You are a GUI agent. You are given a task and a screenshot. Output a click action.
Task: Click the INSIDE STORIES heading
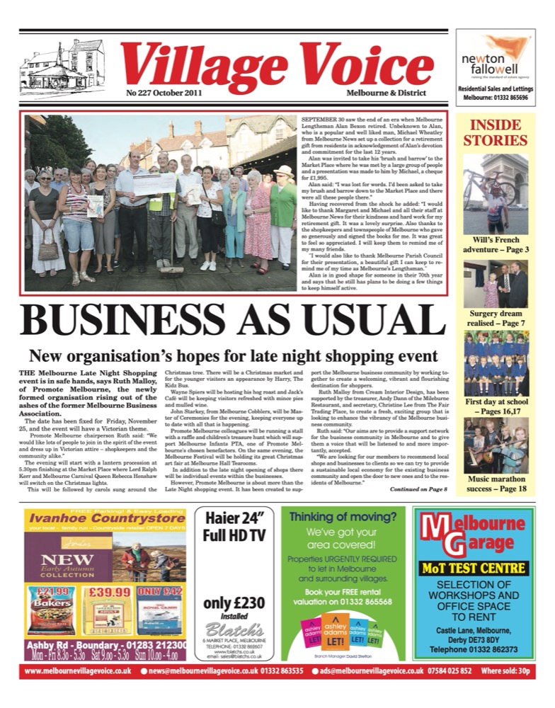point(495,132)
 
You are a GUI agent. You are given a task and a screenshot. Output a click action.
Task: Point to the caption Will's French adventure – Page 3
point(495,244)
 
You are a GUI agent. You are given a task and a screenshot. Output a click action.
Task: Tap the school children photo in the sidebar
point(495,365)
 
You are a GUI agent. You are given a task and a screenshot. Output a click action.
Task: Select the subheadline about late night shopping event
point(233,356)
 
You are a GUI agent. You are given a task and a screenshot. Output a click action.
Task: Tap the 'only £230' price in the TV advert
point(234,603)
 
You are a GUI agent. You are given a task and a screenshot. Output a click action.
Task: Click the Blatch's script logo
point(233,629)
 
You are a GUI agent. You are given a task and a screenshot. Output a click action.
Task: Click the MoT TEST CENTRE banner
point(473,568)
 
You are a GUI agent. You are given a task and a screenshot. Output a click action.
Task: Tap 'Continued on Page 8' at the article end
point(418,489)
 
